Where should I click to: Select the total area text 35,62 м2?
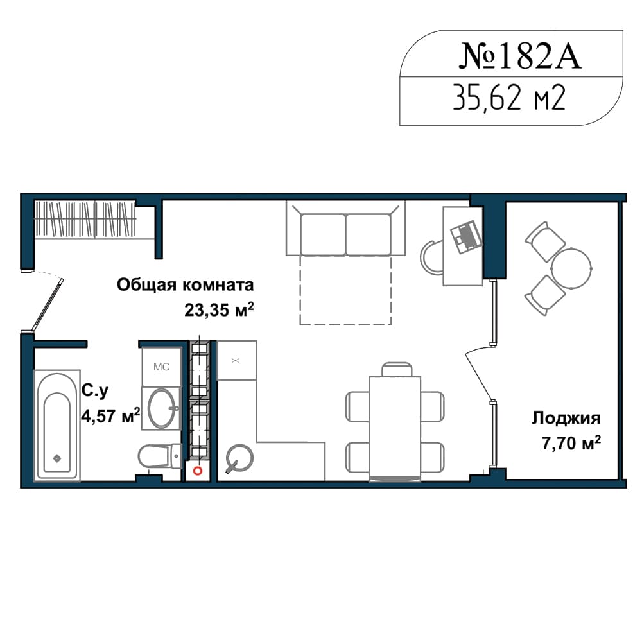tap(509, 98)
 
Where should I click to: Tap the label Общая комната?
tap(185, 284)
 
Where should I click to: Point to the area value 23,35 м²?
tap(219, 309)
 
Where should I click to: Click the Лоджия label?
tap(566, 419)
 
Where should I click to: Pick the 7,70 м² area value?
tap(571, 443)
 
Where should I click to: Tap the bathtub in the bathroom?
tap(57, 426)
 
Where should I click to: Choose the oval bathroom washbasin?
tap(162, 408)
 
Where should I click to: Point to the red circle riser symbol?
tap(197, 471)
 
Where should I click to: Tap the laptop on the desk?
tap(465, 237)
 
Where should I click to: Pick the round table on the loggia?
tap(571, 268)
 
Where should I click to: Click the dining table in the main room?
tap(395, 428)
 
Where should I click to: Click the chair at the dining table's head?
tap(397, 369)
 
